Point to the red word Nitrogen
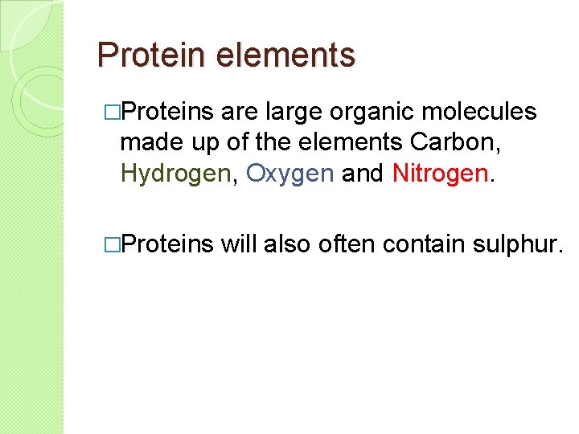tap(441, 173)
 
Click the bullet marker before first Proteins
tap(111, 112)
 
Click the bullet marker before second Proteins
tap(111, 244)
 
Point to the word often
tap(347, 244)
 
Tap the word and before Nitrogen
tap(363, 173)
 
